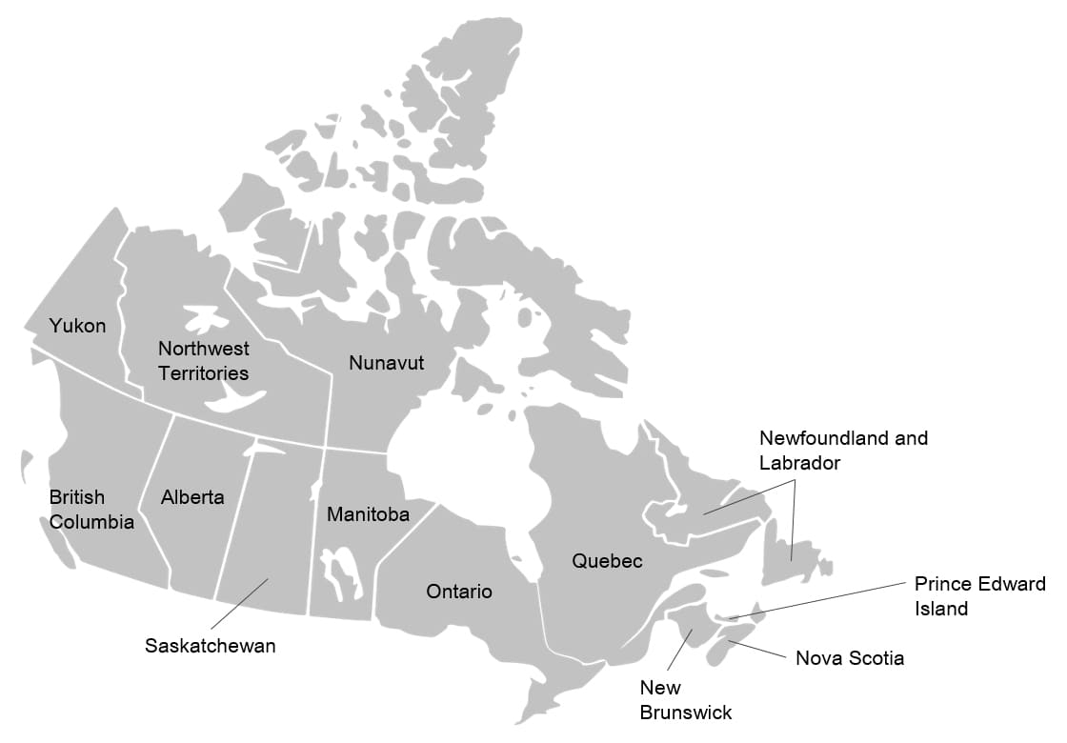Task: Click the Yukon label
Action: pyautogui.click(x=78, y=326)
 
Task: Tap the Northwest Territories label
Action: pyautogui.click(x=203, y=361)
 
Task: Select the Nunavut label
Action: pyautogui.click(x=386, y=363)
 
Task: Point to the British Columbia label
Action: pyautogui.click(x=91, y=510)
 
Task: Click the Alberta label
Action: pyautogui.click(x=192, y=497)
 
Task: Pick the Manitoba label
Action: pyautogui.click(x=368, y=514)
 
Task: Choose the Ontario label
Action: pyautogui.click(x=459, y=592)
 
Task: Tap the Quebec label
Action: pyautogui.click(x=607, y=561)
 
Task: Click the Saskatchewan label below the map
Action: pyautogui.click(x=210, y=646)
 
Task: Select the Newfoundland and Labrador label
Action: pyautogui.click(x=843, y=450)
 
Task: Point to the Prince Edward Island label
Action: pyautogui.click(x=979, y=595)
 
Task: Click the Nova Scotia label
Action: pyautogui.click(x=849, y=658)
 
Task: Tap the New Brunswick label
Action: pyautogui.click(x=685, y=699)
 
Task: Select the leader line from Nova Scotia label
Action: pyautogui.click(x=759, y=651)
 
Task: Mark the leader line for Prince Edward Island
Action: pyautogui.click(x=819, y=599)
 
